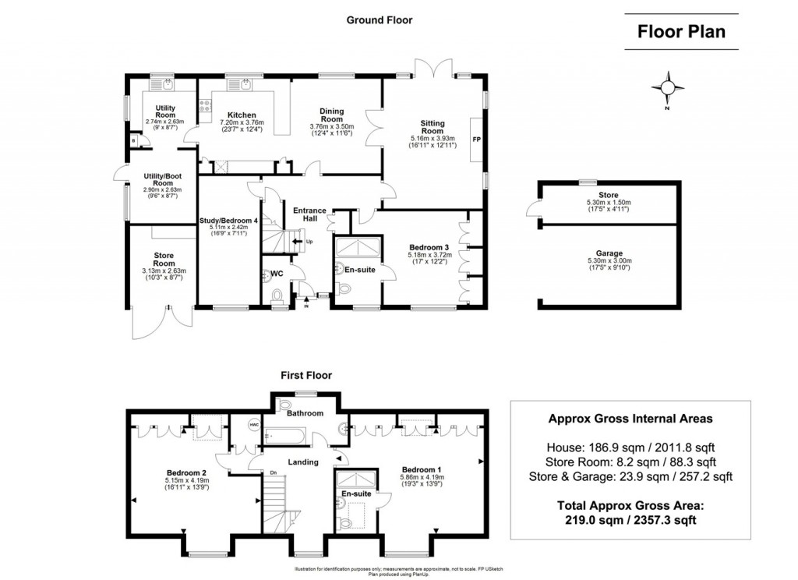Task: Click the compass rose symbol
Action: (x=668, y=88)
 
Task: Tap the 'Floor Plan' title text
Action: (x=681, y=32)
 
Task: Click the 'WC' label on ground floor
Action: (x=277, y=274)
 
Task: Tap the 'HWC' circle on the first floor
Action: (x=254, y=424)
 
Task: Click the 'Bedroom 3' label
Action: (x=429, y=247)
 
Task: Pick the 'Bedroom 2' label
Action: (x=186, y=472)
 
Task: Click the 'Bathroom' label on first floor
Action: (x=305, y=413)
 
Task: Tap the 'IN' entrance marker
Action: (x=305, y=306)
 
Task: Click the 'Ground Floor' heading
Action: (x=380, y=20)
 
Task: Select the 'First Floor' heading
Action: (x=306, y=375)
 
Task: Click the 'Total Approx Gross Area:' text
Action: (x=630, y=505)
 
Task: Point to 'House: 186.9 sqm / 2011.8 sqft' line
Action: (x=630, y=447)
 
